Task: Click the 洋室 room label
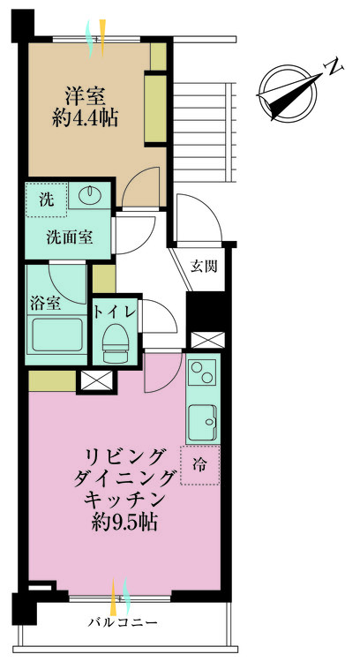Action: pyautogui.click(x=85, y=96)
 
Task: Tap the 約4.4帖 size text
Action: pyautogui.click(x=85, y=117)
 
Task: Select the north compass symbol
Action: pyautogui.click(x=288, y=93)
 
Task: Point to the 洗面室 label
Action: pyautogui.click(x=69, y=238)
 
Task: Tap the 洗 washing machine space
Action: pyautogui.click(x=47, y=199)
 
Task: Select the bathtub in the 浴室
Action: pyautogui.click(x=57, y=335)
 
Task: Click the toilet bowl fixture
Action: pyautogui.click(x=114, y=342)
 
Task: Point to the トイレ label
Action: pyautogui.click(x=115, y=312)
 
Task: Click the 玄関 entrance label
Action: pyautogui.click(x=204, y=267)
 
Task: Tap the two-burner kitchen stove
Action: pyautogui.click(x=203, y=372)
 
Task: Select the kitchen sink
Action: pyautogui.click(x=203, y=422)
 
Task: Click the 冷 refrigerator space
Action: pyautogui.click(x=200, y=465)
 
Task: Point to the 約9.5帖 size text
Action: pyautogui.click(x=124, y=523)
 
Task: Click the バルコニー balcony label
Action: pyautogui.click(x=123, y=622)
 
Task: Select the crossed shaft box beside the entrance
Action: pyautogui.click(x=207, y=340)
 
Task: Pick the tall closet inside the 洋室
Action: pyautogui.click(x=155, y=109)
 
